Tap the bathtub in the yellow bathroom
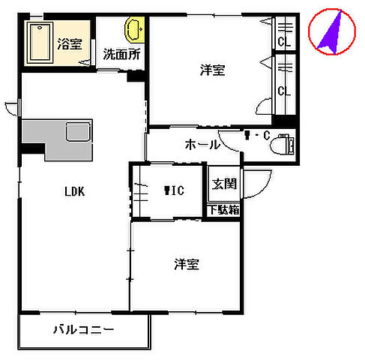[x=39, y=43]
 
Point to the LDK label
[x=73, y=191]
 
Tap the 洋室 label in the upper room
[x=213, y=71]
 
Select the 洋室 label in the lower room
[x=187, y=264]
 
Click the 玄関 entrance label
[x=223, y=184]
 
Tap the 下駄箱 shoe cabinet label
[x=223, y=209]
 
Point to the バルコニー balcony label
[x=83, y=330]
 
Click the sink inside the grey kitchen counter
[x=77, y=132]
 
